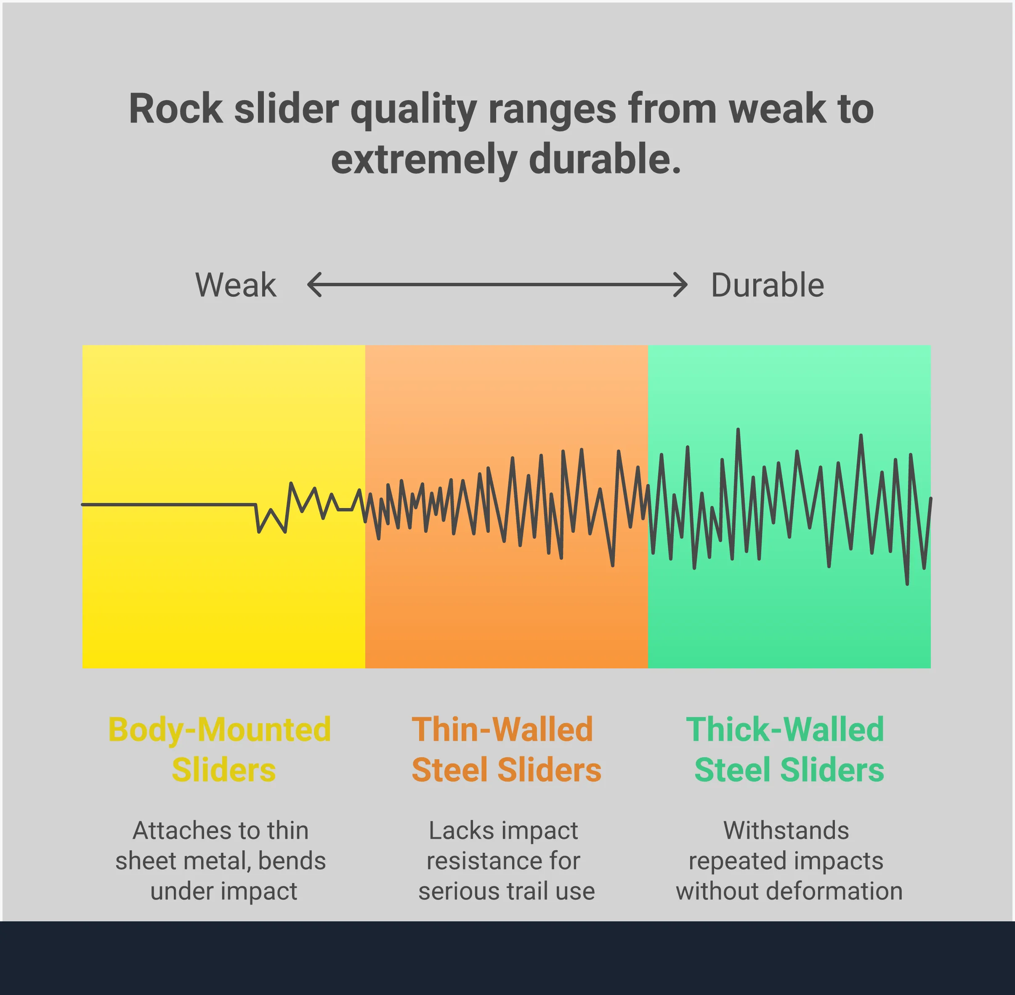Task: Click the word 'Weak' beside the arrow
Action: coord(236,285)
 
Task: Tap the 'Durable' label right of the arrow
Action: coord(768,285)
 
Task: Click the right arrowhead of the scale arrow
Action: coord(682,285)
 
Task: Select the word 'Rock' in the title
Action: coord(176,109)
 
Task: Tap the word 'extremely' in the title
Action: coord(424,160)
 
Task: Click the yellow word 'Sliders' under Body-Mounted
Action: coord(223,770)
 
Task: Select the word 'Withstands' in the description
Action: coord(786,830)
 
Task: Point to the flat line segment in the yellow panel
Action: coord(167,504)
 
